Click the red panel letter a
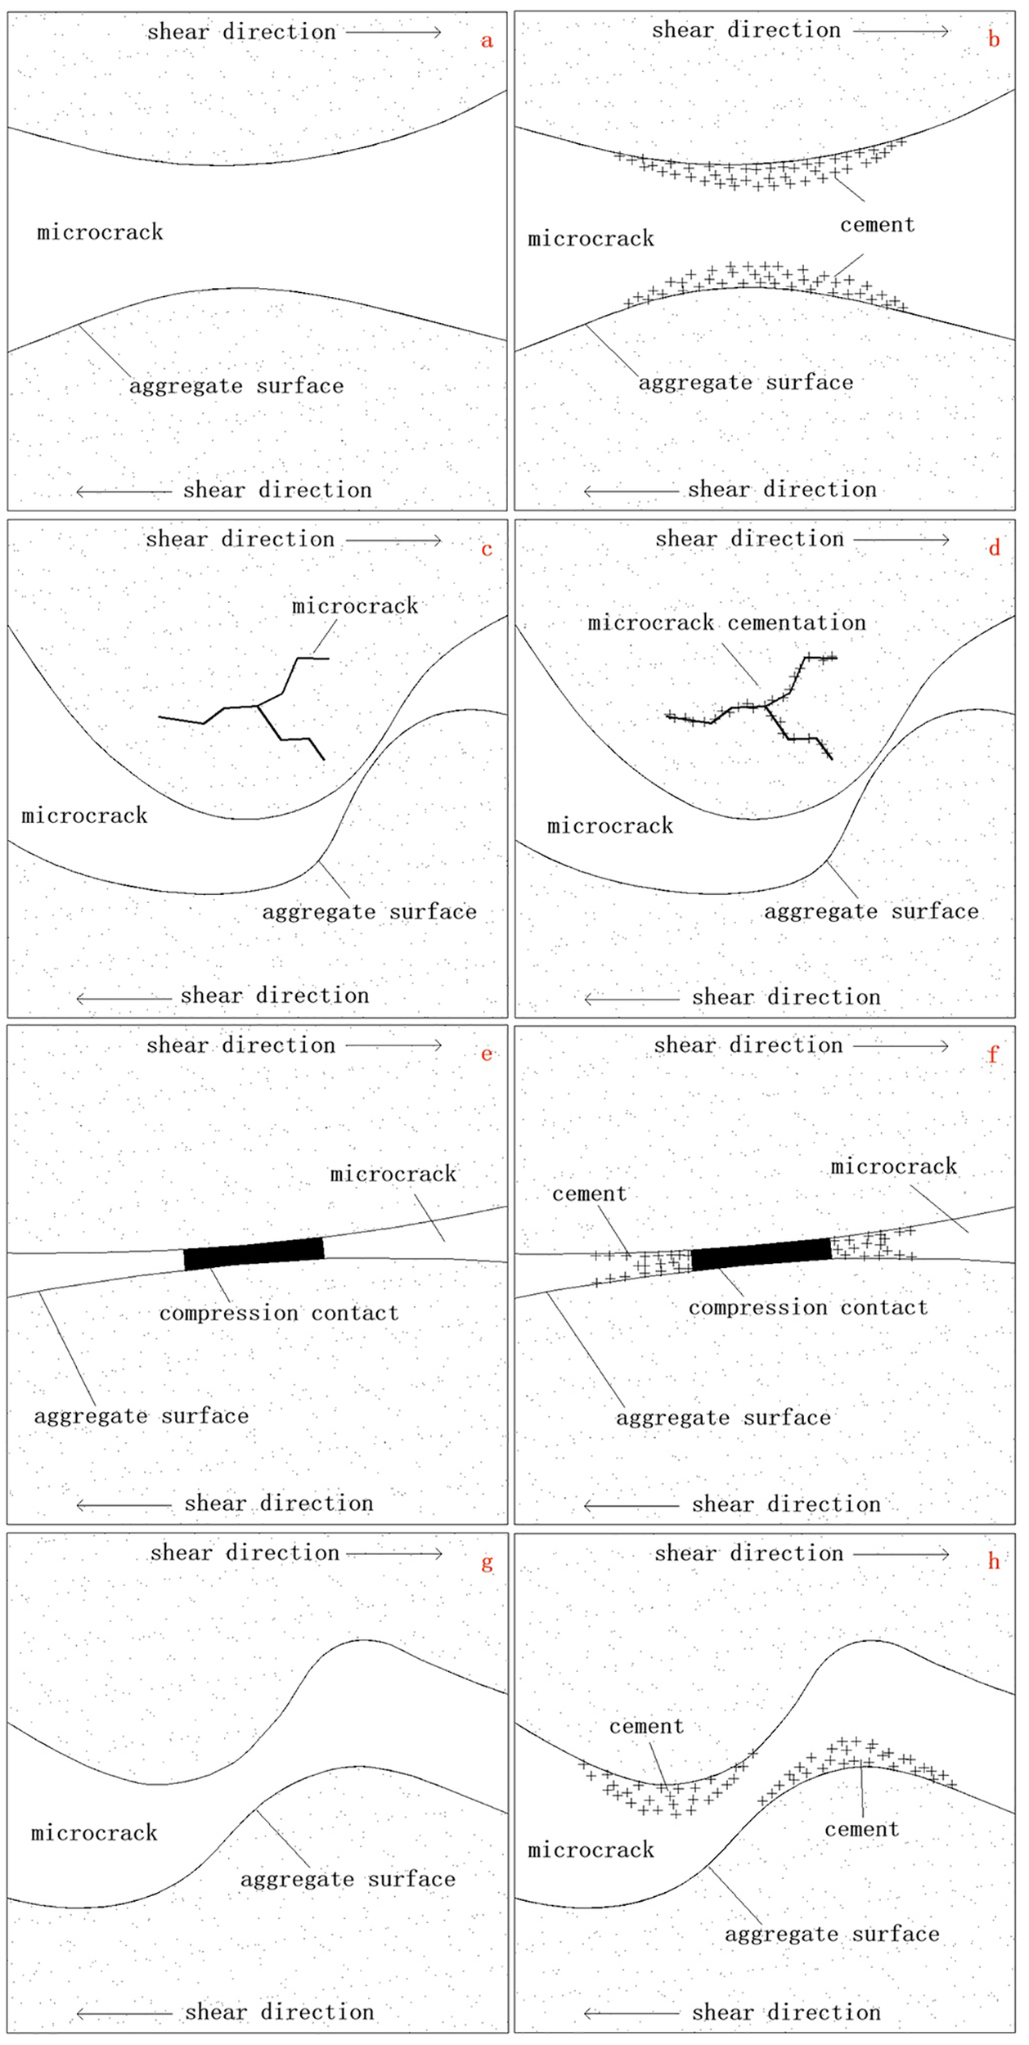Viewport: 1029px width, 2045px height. click(x=487, y=42)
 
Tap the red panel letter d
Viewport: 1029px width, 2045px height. click(x=994, y=548)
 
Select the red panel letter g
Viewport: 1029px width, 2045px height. click(x=487, y=1562)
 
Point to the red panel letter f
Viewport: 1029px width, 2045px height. click(x=993, y=1054)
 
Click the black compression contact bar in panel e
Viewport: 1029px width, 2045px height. click(x=254, y=1253)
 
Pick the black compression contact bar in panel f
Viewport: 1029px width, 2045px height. click(x=762, y=1254)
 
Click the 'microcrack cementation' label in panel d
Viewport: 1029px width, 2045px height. click(x=726, y=622)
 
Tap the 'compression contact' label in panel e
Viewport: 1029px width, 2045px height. click(x=279, y=1313)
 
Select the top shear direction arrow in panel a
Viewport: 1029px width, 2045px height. click(x=393, y=33)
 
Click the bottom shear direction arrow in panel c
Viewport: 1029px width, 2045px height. click(x=124, y=998)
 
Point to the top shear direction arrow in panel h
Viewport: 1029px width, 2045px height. click(x=901, y=1553)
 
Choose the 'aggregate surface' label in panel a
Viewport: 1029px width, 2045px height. click(x=236, y=386)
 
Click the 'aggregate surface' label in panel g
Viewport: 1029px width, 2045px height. click(x=348, y=1879)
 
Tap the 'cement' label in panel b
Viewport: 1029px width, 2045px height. click(x=877, y=225)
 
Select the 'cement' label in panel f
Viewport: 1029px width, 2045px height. click(x=589, y=1194)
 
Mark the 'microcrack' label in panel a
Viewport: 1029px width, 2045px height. click(x=100, y=232)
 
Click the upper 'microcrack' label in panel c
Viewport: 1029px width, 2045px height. click(x=355, y=606)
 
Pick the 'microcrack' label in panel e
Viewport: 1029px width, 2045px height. click(x=393, y=1175)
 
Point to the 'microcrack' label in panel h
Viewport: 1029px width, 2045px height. click(x=591, y=1850)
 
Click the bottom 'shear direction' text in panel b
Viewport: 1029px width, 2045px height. click(x=782, y=490)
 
